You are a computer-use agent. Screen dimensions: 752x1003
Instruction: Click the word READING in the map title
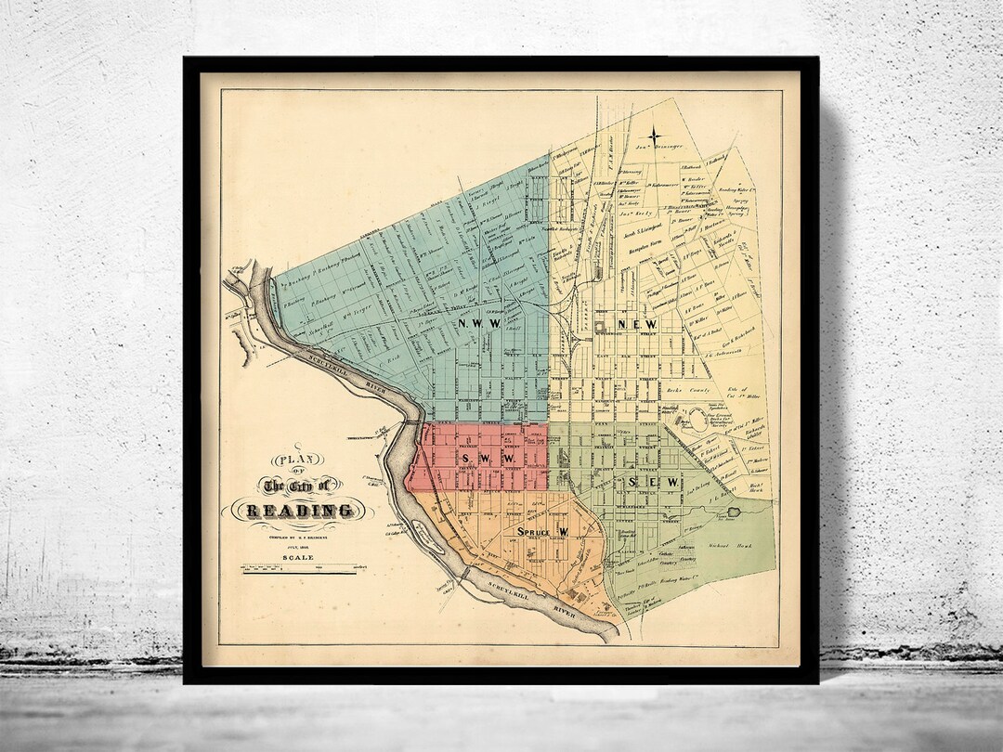300,510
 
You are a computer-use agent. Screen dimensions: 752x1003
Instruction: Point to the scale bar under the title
299,568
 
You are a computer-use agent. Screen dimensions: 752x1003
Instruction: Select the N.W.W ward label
479,323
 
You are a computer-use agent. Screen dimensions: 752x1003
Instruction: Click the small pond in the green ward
736,511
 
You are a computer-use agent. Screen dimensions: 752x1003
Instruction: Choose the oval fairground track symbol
697,420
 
